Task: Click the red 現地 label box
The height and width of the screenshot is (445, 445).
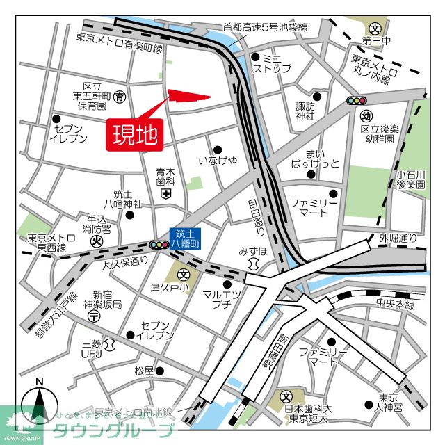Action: tap(135, 133)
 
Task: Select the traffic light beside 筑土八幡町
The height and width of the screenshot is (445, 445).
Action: tap(159, 245)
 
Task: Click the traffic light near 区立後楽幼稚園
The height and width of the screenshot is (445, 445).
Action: tap(357, 101)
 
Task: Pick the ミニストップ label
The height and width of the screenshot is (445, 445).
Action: tap(272, 64)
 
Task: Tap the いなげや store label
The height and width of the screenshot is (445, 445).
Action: tap(218, 161)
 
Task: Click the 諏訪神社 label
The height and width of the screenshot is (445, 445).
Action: tap(305, 111)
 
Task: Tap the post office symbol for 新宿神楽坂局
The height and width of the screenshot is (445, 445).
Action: tap(93, 316)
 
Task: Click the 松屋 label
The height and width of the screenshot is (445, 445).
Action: tap(144, 371)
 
